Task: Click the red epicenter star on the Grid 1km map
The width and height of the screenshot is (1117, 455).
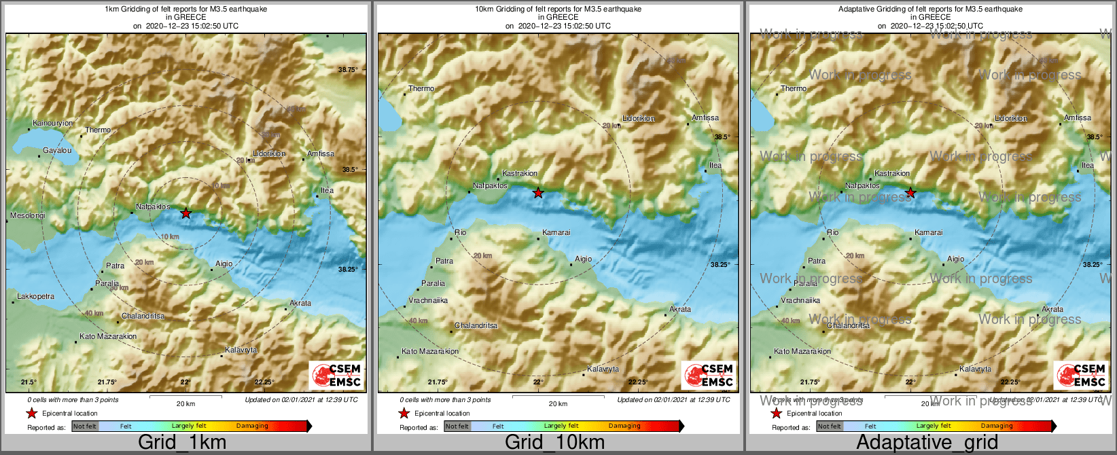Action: coord(186,213)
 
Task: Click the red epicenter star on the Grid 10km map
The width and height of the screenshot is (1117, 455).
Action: coord(538,193)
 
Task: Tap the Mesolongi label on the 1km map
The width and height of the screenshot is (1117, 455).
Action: coord(28,216)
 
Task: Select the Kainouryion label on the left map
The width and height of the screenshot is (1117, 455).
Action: coord(53,124)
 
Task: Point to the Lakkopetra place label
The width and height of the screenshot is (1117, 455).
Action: coord(36,297)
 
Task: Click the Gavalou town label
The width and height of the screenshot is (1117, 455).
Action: coord(57,150)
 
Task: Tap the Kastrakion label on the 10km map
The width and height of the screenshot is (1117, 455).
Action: coord(520,174)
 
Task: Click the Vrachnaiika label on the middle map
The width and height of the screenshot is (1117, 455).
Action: coord(428,300)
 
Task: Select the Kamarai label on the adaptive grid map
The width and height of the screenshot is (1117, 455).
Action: coord(929,233)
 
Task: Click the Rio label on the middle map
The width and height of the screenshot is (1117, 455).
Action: coord(461,233)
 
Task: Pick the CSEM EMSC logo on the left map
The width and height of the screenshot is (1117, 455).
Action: coord(336,375)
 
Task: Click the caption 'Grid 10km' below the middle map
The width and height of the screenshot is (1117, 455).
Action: coord(554,442)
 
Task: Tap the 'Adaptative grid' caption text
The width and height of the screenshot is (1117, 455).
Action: coord(927,442)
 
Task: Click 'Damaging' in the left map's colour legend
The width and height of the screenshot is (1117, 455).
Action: coord(252,426)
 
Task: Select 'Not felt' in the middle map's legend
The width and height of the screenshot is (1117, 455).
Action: coord(457,426)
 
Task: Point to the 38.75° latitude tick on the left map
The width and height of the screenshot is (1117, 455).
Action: coord(348,70)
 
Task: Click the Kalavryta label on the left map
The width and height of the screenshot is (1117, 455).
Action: coord(242,350)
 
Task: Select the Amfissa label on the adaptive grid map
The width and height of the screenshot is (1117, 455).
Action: coord(1078,118)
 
